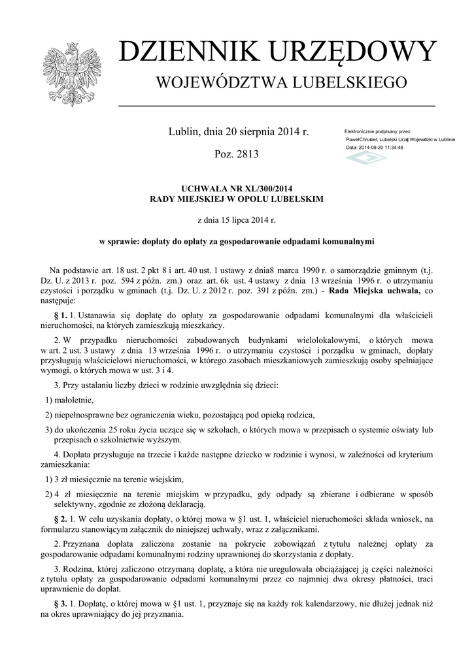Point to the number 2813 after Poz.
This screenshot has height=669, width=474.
[x=246, y=155]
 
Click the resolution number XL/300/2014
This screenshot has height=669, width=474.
[x=260, y=188]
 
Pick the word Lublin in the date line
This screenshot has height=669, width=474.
[x=184, y=132]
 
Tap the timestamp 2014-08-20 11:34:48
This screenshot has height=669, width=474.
[x=381, y=148]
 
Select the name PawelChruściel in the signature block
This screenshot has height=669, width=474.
[x=366, y=140]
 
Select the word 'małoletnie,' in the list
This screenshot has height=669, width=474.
[x=74, y=400]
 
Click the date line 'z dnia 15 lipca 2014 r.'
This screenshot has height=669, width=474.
[x=237, y=221]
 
